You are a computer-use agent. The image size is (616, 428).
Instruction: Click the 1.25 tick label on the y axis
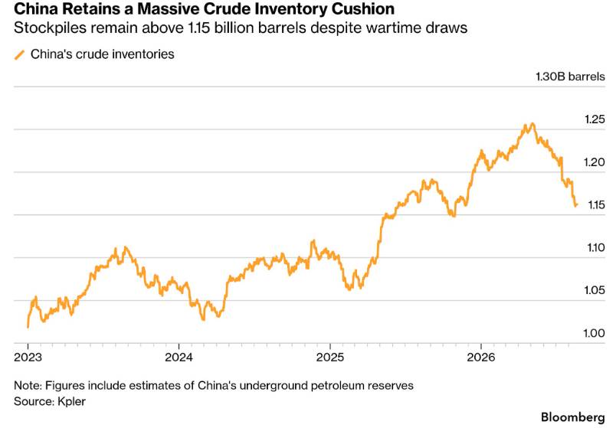595,119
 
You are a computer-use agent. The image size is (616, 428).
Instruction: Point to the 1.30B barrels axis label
571,76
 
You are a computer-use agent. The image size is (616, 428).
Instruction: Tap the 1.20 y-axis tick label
595,162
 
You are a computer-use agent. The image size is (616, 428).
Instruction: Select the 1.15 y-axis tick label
596,204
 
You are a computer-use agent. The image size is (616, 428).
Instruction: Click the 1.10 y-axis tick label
596,247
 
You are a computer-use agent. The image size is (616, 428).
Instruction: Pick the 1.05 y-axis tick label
595,290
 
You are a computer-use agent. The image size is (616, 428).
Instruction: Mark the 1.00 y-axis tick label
595,333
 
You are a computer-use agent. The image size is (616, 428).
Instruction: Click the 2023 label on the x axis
28,358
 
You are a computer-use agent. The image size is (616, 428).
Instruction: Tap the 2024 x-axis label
179,358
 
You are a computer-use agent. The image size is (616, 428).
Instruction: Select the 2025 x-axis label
330,358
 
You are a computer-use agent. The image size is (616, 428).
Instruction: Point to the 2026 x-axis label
481,358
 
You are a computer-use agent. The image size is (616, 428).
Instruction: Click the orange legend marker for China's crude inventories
20,54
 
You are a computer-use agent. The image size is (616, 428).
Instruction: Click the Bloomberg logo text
573,417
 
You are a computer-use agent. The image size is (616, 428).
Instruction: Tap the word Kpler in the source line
71,401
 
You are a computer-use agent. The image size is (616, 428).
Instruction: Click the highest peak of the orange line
532,124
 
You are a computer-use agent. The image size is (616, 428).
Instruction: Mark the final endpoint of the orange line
576,204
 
